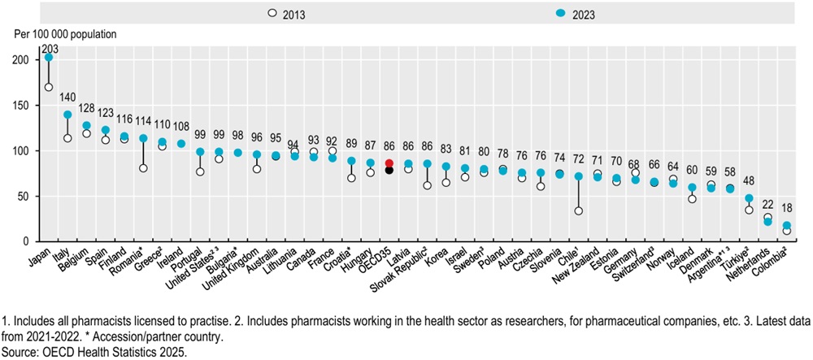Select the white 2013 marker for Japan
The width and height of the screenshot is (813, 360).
coord(49,87)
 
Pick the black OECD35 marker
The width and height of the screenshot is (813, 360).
coord(389,171)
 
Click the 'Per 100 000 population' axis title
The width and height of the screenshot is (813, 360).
coord(61,35)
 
